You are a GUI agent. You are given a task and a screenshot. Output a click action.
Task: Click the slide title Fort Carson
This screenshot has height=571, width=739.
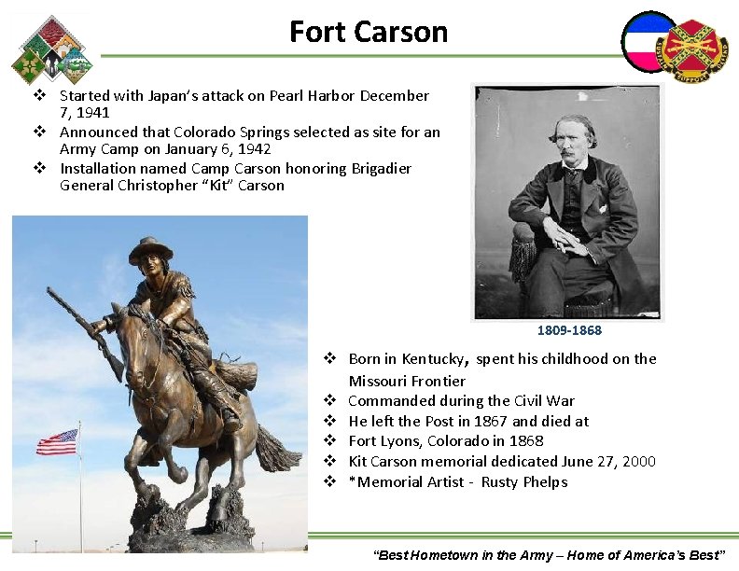tap(369, 32)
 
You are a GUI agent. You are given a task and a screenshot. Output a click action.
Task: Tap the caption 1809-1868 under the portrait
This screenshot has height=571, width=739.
tap(569, 330)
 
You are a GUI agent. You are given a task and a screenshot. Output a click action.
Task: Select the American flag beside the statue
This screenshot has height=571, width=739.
tap(57, 441)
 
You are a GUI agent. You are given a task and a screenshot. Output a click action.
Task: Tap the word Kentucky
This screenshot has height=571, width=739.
tap(431, 359)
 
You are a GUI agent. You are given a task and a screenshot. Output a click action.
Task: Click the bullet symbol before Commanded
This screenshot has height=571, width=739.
tap(329, 401)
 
